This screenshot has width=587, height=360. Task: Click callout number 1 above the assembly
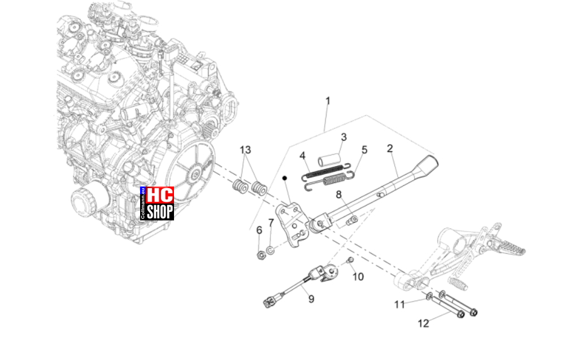pyautogui.click(x=328, y=101)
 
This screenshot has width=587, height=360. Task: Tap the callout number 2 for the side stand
pyautogui.click(x=390, y=148)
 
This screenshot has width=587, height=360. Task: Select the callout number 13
pyautogui.click(x=245, y=150)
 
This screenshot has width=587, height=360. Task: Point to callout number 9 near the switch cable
pyautogui.click(x=311, y=299)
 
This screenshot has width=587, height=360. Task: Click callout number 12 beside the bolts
pyautogui.click(x=423, y=323)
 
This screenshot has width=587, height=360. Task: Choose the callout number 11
pyautogui.click(x=399, y=305)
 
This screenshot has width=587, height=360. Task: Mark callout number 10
pyautogui.click(x=358, y=277)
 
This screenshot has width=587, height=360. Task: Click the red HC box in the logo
pyautogui.click(x=160, y=195)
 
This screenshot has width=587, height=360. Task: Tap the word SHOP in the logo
pyautogui.click(x=160, y=212)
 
